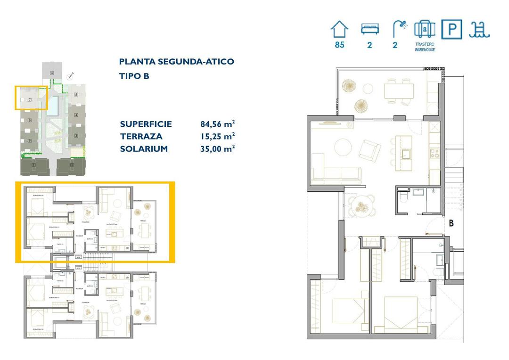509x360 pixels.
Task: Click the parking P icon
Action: [452, 30]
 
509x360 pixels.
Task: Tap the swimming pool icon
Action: [479, 29]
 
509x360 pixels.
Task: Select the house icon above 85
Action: [339, 29]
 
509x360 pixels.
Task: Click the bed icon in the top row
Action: [370, 29]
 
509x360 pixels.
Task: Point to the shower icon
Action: [400, 29]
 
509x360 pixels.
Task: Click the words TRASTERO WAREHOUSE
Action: [425, 47]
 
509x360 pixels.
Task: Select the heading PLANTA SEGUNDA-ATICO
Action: [176, 62]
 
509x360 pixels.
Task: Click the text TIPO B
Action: [134, 76]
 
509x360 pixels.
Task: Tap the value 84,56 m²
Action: [218, 124]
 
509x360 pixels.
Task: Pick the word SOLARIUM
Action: [144, 149]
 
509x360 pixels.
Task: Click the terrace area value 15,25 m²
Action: [218, 137]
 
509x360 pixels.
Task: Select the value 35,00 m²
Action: [218, 149]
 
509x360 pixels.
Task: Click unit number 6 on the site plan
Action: [52, 73]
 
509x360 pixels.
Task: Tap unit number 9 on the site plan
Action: [29, 141]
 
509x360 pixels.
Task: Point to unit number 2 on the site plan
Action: [72, 165]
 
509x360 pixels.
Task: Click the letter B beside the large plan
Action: [451, 223]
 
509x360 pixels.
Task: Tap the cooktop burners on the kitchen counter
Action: [434, 152]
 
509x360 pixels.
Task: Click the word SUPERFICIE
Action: [146, 124]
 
